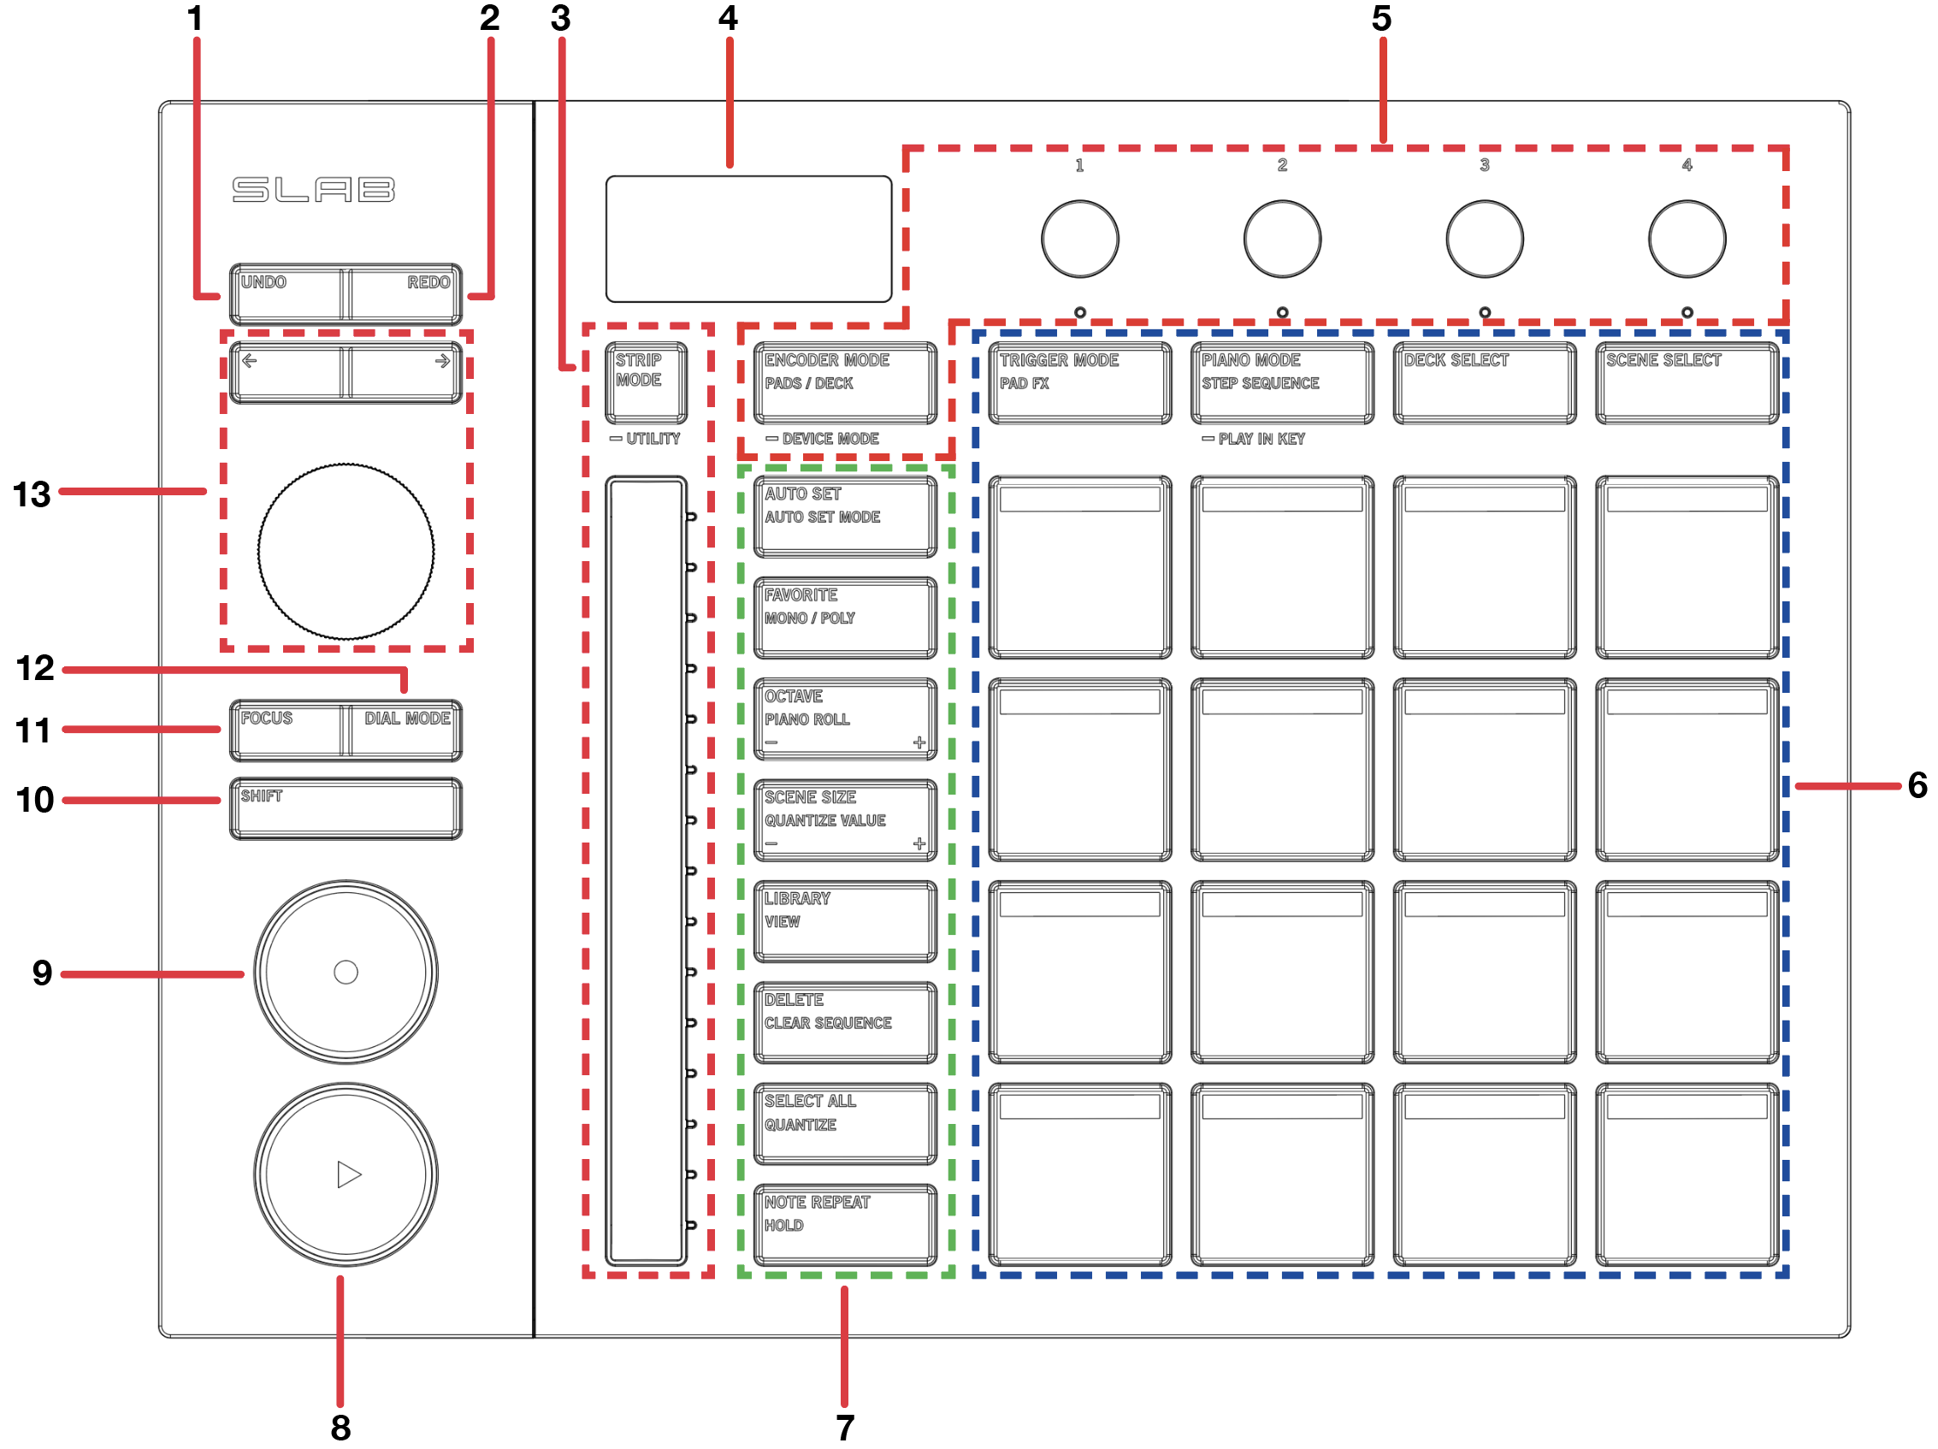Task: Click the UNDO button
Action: point(287,294)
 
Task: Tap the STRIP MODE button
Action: point(646,382)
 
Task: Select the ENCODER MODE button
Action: point(845,382)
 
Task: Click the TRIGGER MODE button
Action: point(1079,382)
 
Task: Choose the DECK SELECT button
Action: point(1484,382)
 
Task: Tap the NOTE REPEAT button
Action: point(845,1224)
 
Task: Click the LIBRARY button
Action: point(845,920)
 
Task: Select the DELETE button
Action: point(845,1021)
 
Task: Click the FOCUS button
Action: point(287,730)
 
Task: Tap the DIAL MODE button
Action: point(405,730)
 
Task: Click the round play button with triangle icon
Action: point(346,1174)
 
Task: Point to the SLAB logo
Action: point(314,189)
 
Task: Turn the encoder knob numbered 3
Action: point(1484,239)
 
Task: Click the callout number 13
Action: point(32,494)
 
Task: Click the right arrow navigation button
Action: point(405,373)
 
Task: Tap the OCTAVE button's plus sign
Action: point(919,742)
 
